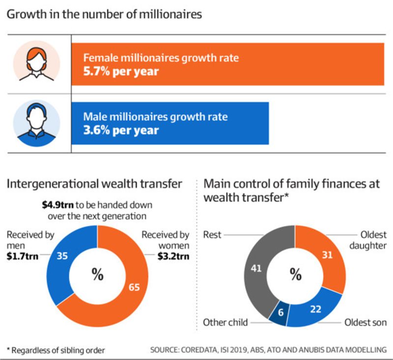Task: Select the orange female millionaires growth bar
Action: (x=295, y=64)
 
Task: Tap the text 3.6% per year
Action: (x=121, y=130)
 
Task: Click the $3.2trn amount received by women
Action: (x=174, y=255)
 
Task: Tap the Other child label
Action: (x=225, y=323)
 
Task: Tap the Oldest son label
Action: (x=366, y=323)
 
